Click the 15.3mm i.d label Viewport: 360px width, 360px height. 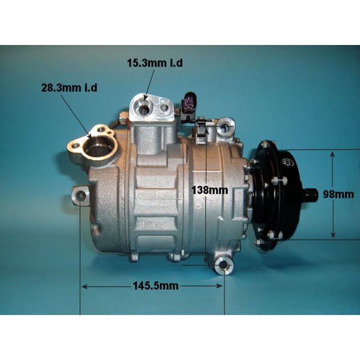(155, 63)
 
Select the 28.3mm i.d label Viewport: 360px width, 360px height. (69, 88)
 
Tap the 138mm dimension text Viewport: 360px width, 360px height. (210, 190)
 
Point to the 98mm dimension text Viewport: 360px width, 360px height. (338, 194)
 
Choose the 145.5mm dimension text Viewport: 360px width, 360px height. (155, 286)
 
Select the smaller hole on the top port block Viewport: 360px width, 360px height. (164, 107)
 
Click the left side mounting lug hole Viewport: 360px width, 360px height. (80, 196)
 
